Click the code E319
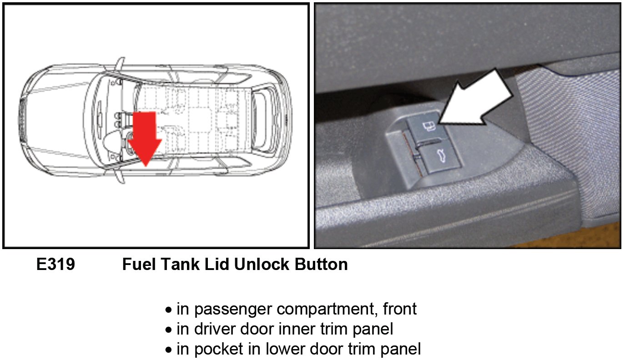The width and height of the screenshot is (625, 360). tap(55, 264)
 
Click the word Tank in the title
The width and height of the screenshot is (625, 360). tap(180, 264)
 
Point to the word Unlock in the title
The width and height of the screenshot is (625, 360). tap(262, 264)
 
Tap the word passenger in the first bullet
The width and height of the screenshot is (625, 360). tap(233, 310)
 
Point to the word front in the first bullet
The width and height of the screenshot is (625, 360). tap(400, 309)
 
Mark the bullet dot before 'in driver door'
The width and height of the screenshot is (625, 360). tap(168, 330)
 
